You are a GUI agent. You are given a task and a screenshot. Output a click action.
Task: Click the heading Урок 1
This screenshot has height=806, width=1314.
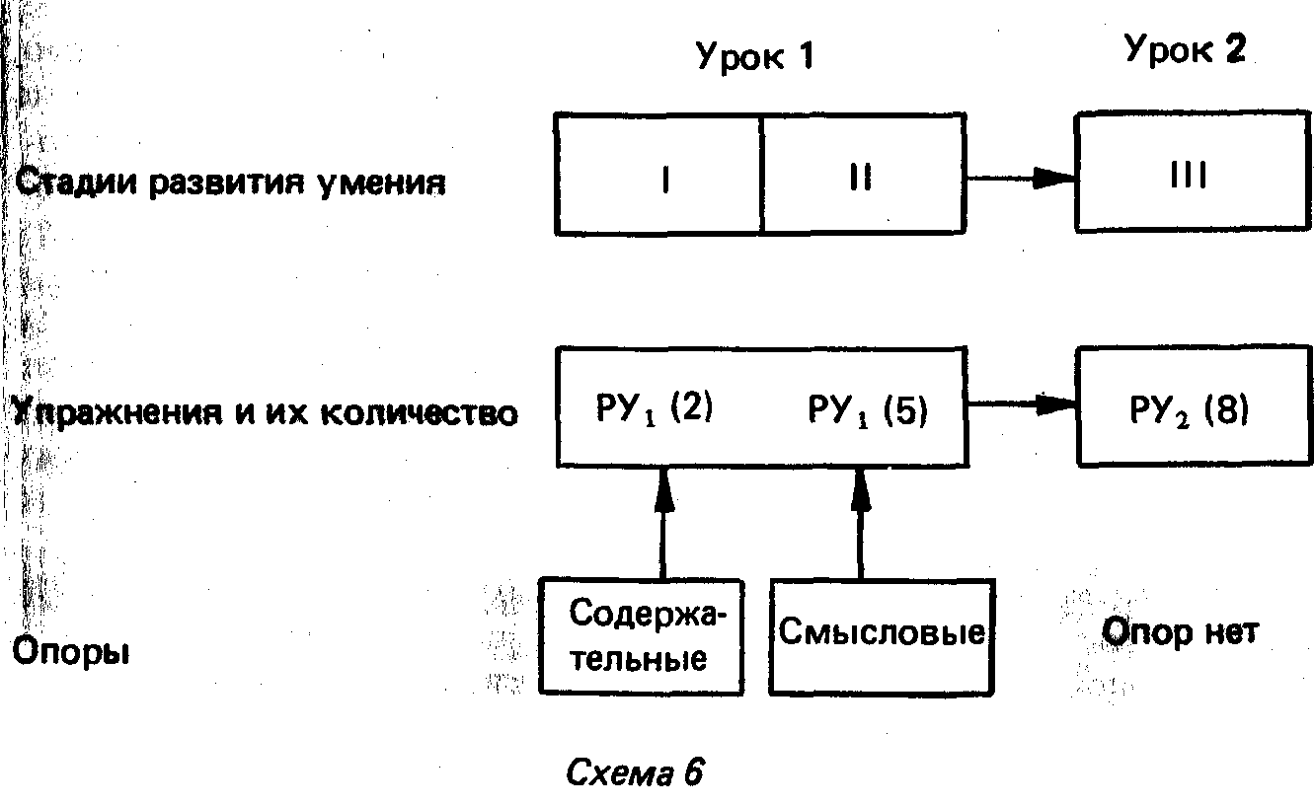tap(755, 56)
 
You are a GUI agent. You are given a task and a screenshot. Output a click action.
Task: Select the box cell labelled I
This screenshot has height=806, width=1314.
tap(658, 175)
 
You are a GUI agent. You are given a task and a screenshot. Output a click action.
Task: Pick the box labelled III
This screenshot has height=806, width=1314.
tap(1193, 175)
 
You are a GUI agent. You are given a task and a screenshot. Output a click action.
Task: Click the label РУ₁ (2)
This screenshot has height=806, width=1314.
tap(654, 407)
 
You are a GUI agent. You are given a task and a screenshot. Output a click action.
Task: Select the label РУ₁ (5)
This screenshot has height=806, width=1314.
tap(867, 409)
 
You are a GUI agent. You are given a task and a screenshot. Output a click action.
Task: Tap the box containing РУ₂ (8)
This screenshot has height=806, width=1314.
tap(1194, 405)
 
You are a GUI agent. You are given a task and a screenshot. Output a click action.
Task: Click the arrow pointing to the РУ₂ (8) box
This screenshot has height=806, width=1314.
tap(1021, 404)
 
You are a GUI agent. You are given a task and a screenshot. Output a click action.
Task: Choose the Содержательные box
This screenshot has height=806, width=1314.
tap(641, 635)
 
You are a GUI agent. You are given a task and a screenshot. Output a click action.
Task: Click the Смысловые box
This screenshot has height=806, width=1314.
tap(882, 635)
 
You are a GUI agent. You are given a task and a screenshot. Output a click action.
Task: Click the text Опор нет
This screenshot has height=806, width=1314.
tap(1180, 632)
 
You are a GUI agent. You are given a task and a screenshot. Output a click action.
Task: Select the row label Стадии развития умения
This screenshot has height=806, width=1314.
tap(229, 183)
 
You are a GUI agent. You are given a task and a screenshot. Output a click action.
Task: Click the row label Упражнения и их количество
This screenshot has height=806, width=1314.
tap(265, 412)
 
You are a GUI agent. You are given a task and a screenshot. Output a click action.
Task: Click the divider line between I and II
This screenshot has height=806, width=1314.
tap(762, 174)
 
